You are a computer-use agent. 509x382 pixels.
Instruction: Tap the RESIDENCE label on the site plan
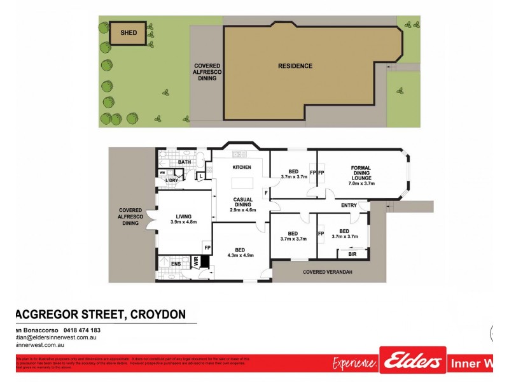click(295, 66)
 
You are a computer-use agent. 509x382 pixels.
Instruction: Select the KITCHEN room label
click(242, 167)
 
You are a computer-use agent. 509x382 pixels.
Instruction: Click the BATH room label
click(185, 162)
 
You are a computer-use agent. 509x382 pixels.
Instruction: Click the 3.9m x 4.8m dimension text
click(184, 222)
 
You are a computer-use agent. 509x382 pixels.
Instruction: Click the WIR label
click(196, 261)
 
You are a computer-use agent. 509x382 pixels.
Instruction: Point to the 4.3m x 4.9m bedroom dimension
click(241, 255)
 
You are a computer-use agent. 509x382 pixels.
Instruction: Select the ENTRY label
click(349, 205)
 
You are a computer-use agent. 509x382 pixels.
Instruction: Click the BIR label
click(352, 253)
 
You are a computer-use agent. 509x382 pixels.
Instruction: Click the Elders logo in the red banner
click(412, 362)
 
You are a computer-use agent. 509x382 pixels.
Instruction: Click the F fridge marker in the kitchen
click(265, 192)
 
